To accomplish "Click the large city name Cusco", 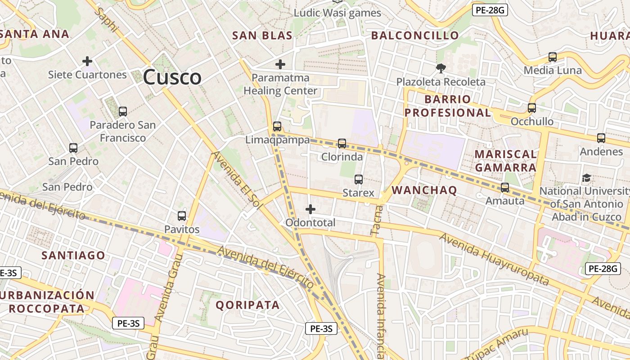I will click(172, 77).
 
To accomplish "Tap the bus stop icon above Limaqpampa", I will click(277, 126).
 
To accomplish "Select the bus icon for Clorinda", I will click(342, 144).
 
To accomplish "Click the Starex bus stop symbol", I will click(359, 179).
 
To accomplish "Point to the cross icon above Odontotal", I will click(310, 209).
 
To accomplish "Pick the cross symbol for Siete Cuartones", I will click(87, 61).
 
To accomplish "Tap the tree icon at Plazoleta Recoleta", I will click(441, 68).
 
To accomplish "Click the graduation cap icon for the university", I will click(586, 178).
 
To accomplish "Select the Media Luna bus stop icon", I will click(553, 57).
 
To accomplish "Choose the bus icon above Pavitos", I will click(182, 216).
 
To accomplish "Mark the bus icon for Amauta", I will click(505, 188).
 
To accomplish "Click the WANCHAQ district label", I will click(424, 190).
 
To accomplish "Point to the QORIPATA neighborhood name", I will click(247, 305).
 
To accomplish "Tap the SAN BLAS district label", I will click(262, 36).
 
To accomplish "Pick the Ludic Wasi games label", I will click(337, 13).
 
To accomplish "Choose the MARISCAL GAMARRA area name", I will click(506, 161).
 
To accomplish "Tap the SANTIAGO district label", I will click(73, 256).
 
